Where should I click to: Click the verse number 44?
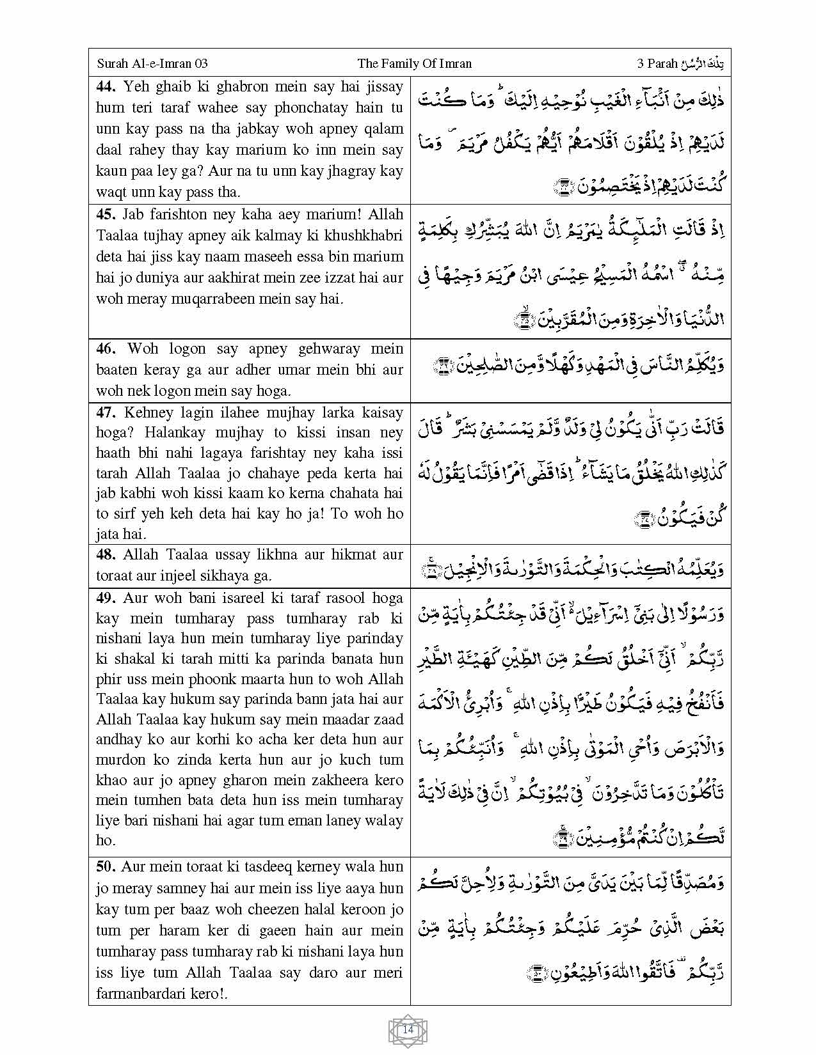(107, 86)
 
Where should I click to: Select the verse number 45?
(107, 214)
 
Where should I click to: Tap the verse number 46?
(107, 348)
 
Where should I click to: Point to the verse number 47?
(107, 412)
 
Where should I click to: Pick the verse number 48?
(107, 554)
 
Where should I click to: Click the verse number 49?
(107, 598)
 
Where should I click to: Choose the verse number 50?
(106, 866)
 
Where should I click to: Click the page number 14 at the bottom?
(408, 1030)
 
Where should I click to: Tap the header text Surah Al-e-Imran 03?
(152, 63)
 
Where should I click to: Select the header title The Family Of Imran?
(414, 63)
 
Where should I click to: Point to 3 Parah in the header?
(657, 63)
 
